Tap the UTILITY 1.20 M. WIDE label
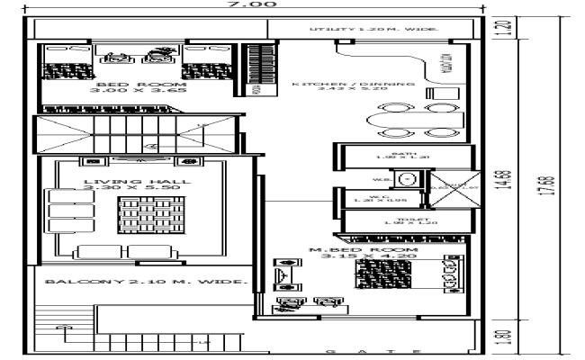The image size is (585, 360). coord(373,30)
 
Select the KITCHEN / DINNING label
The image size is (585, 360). coord(353,84)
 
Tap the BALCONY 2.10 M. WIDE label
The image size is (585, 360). coord(145,282)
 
